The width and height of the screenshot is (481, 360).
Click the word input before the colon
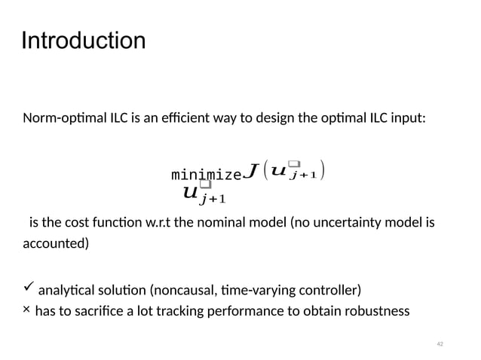[407, 118]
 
